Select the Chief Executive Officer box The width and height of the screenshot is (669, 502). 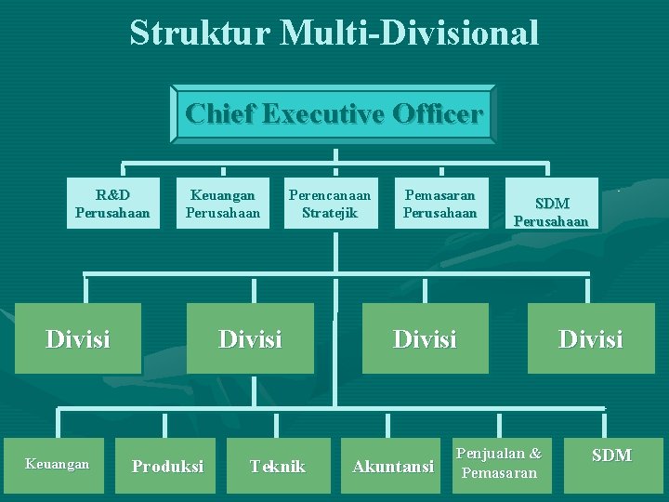point(334,114)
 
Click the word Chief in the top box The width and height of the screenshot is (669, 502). point(220,114)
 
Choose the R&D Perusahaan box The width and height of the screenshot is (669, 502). point(112,204)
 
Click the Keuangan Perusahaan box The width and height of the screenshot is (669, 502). point(223,204)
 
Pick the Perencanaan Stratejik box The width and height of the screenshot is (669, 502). point(330,204)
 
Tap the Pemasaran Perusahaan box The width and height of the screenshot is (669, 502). point(439,204)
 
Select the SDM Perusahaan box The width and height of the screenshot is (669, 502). point(551,212)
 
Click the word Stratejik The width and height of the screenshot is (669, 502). point(330,213)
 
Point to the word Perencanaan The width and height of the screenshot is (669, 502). point(330,195)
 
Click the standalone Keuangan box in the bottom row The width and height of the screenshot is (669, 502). point(58,464)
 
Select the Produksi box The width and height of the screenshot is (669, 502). point(167,466)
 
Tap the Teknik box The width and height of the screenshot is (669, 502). point(277,466)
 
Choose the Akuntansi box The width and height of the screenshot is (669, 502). point(393,466)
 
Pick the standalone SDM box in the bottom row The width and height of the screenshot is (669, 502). point(611,456)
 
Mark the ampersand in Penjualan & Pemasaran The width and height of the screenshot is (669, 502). point(534,454)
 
